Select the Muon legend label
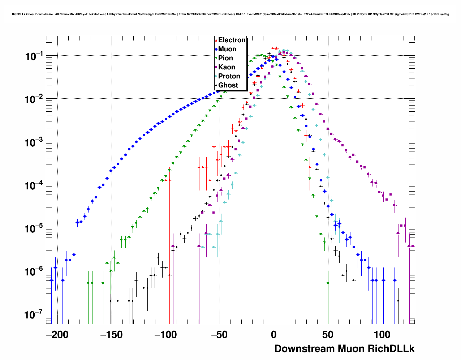tap(227, 49)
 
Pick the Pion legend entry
tap(225, 58)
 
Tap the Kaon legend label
tap(227, 67)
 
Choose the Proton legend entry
tap(229, 76)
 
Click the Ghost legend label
tap(228, 85)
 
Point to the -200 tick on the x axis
tap(57, 334)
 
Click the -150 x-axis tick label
tap(112, 334)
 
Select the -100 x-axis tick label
tap(166, 334)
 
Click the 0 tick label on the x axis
tap(274, 334)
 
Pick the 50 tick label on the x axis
tap(328, 334)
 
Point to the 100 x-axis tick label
tap(382, 334)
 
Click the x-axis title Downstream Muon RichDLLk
tap(344, 349)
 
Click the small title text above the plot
tap(231, 14)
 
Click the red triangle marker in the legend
tap(216, 40)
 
